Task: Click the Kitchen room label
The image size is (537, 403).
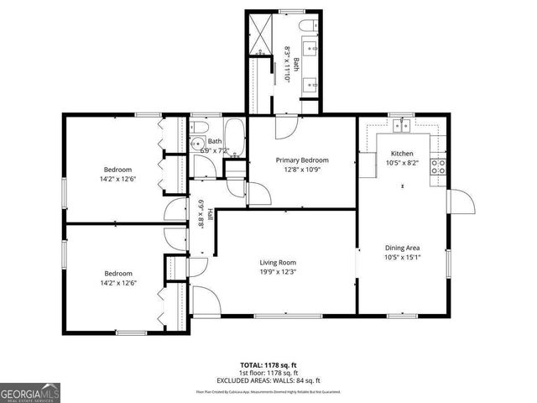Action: click(x=401, y=154)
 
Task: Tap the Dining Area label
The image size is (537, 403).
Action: click(x=402, y=248)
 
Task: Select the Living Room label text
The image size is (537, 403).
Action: click(x=278, y=263)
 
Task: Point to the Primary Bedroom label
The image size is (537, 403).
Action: click(x=302, y=160)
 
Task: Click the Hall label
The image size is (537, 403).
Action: click(x=210, y=215)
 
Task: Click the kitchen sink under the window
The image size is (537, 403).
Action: click(x=402, y=126)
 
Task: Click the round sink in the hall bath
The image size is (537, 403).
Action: click(x=198, y=143)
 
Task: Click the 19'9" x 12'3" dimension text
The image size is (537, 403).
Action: click(x=278, y=273)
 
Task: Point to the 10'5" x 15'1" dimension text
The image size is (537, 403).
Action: click(x=402, y=258)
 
